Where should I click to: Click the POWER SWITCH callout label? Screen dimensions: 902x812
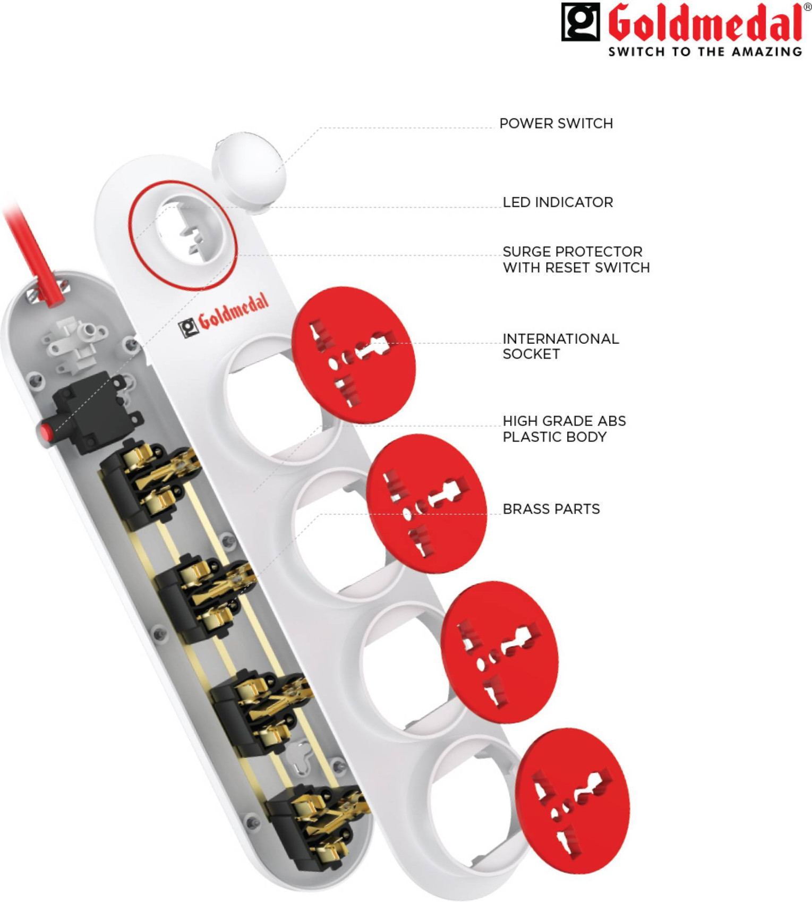(555, 124)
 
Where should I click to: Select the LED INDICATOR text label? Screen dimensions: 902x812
(557, 202)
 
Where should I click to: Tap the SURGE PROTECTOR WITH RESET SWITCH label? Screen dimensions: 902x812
(576, 259)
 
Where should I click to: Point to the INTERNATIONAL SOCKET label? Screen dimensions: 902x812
(560, 346)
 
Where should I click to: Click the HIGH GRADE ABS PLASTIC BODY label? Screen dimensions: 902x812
(564, 429)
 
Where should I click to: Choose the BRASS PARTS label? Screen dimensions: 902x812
(551, 509)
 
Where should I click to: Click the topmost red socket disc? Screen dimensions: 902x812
(353, 355)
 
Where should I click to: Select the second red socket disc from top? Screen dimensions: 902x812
(426, 503)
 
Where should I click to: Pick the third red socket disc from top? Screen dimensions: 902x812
(499, 652)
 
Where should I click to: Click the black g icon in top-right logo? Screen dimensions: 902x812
(580, 22)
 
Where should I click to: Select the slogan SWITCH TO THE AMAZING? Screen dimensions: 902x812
(704, 52)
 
